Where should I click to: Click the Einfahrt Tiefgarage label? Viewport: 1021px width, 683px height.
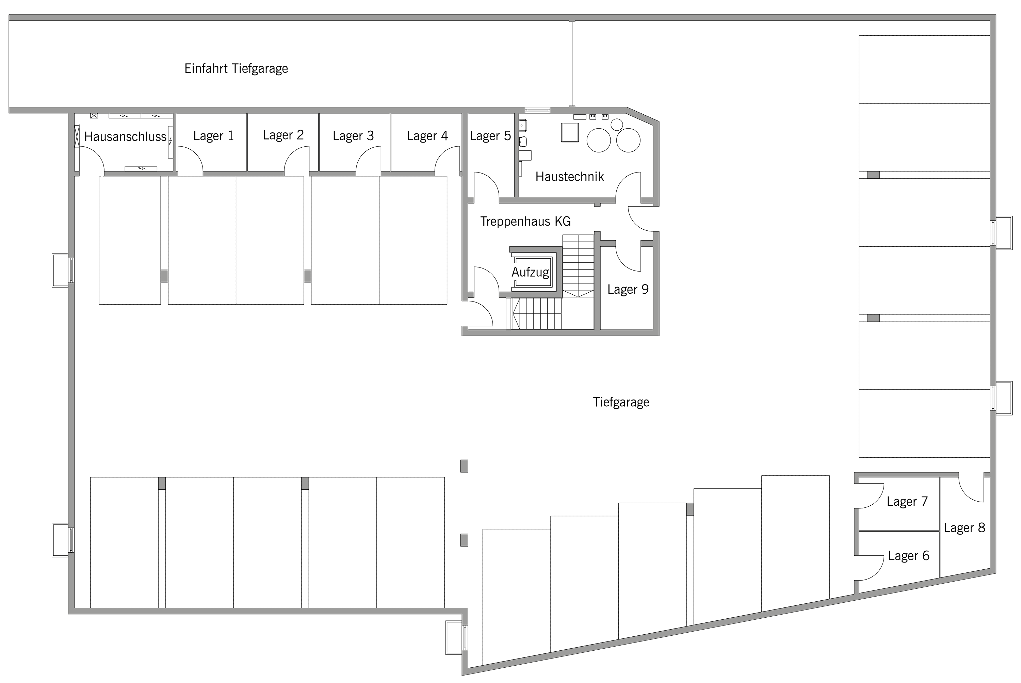[x=236, y=69]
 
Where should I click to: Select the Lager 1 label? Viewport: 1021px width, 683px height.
[x=213, y=136]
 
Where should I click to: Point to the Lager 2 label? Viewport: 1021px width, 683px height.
[x=283, y=135]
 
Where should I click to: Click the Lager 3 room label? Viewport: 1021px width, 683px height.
[x=353, y=136]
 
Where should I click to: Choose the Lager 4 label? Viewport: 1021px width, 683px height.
[x=427, y=136]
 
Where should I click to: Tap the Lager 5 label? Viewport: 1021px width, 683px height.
[x=490, y=136]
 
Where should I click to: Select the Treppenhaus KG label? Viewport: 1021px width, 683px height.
[x=525, y=221]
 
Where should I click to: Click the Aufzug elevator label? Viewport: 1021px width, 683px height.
[x=530, y=273]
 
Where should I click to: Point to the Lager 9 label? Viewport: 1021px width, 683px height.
[x=628, y=289]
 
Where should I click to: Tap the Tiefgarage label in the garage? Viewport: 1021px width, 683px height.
[x=621, y=402]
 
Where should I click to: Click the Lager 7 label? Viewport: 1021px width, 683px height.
[x=907, y=501]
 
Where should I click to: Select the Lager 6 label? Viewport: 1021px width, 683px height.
[x=909, y=556]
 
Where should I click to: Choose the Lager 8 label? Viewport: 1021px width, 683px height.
[x=965, y=528]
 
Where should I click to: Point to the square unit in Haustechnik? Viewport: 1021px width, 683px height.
[x=570, y=132]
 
